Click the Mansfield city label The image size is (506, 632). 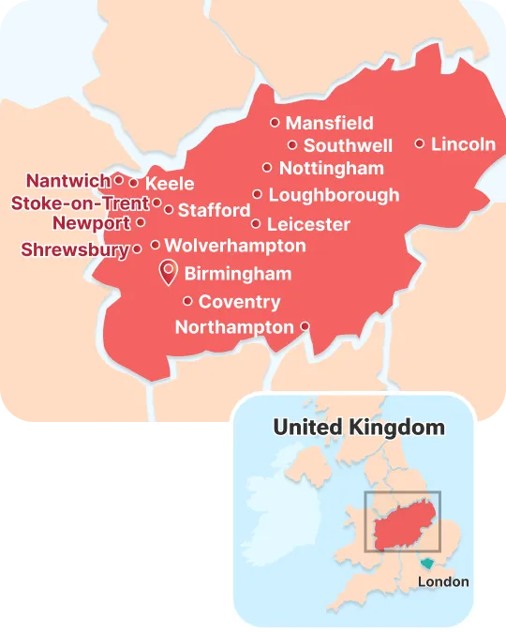tap(329, 123)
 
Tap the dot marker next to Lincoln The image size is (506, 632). tap(420, 143)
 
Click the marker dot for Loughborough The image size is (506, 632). tap(257, 194)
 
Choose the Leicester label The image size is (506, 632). tap(308, 224)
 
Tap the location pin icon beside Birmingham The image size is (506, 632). tap(169, 273)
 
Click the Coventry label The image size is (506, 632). tap(239, 302)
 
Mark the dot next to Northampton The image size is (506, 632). tap(305, 326)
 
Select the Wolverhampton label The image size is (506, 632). tap(234, 246)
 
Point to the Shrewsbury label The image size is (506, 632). tap(75, 249)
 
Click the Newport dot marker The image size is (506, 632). tap(141, 223)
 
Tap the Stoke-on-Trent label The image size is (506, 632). tap(80, 203)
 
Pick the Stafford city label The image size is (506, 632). tap(214, 210)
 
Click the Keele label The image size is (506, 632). tap(170, 183)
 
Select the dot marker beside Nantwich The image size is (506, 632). tap(119, 178)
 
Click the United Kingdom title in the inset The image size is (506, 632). tap(359, 428)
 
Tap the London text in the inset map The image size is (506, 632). tap(443, 581)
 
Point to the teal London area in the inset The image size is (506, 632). tap(428, 564)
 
